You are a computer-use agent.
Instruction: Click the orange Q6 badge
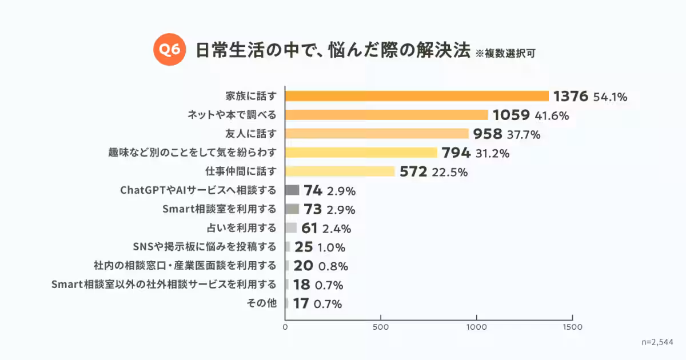pyautogui.click(x=169, y=50)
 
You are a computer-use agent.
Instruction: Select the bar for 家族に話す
pyautogui.click(x=417, y=96)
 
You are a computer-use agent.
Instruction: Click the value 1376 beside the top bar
pyautogui.click(x=571, y=96)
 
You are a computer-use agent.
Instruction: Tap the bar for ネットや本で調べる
pyautogui.click(x=386, y=115)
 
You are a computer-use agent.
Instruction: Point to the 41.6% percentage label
pyautogui.click(x=552, y=115)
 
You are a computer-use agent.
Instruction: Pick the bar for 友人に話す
pyautogui.click(x=377, y=134)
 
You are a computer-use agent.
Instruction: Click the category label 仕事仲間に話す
pyautogui.click(x=241, y=171)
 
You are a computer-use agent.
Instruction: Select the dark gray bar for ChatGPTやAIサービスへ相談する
pyautogui.click(x=292, y=190)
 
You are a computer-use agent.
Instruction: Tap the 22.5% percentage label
pyautogui.click(x=450, y=171)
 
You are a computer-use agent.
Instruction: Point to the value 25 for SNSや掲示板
pyautogui.click(x=304, y=247)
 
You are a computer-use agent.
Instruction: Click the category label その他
pyautogui.click(x=261, y=303)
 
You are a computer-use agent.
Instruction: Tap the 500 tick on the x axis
pyautogui.click(x=381, y=327)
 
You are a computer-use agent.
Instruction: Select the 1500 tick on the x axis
pyautogui.click(x=572, y=327)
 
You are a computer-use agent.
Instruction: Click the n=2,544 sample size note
pyautogui.click(x=657, y=342)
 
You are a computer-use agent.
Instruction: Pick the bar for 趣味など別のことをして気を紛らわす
pyautogui.click(x=361, y=153)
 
